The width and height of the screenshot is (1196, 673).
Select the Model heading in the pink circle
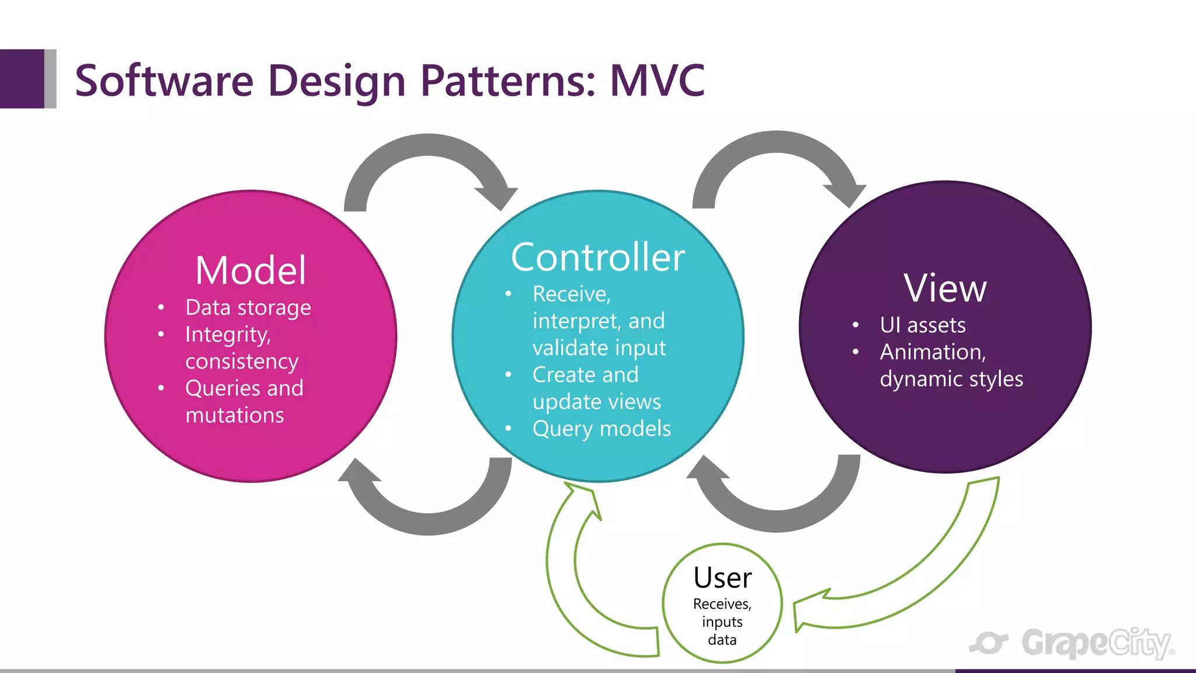(251, 270)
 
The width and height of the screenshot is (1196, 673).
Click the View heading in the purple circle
(945, 288)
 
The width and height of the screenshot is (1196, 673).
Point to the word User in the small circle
(722, 578)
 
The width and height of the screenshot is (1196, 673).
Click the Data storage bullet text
(248, 307)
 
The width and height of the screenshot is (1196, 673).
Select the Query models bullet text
(602, 428)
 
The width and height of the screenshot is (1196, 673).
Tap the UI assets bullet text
(923, 325)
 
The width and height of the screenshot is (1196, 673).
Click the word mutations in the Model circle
(235, 415)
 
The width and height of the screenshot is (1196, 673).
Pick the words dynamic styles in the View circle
(951, 379)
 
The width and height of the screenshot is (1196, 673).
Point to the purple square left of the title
(22, 79)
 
